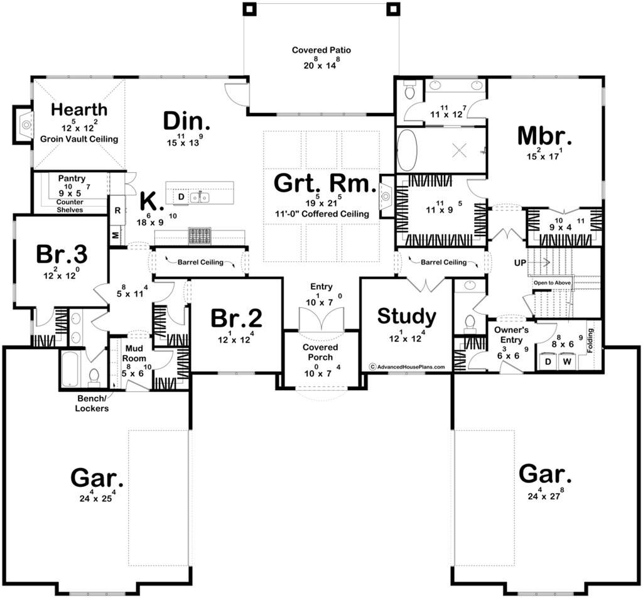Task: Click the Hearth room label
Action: tap(79, 109)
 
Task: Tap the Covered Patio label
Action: tap(321, 50)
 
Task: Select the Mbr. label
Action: tap(544, 136)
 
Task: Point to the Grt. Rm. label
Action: tap(325, 183)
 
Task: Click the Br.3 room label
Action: tap(62, 254)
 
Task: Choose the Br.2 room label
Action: tap(237, 318)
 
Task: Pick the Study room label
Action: tap(407, 316)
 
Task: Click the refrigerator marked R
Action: tap(117, 210)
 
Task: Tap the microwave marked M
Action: tap(116, 236)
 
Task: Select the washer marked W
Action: tap(567, 361)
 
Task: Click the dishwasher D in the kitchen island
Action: tap(181, 197)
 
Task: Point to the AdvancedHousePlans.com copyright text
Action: tap(407, 367)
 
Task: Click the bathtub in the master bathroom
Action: tap(407, 150)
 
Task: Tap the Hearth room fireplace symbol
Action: tap(26, 124)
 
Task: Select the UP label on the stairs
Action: tap(520, 263)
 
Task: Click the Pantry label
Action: tap(72, 178)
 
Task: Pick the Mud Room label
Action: tap(134, 353)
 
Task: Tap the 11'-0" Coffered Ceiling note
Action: tap(322, 214)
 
